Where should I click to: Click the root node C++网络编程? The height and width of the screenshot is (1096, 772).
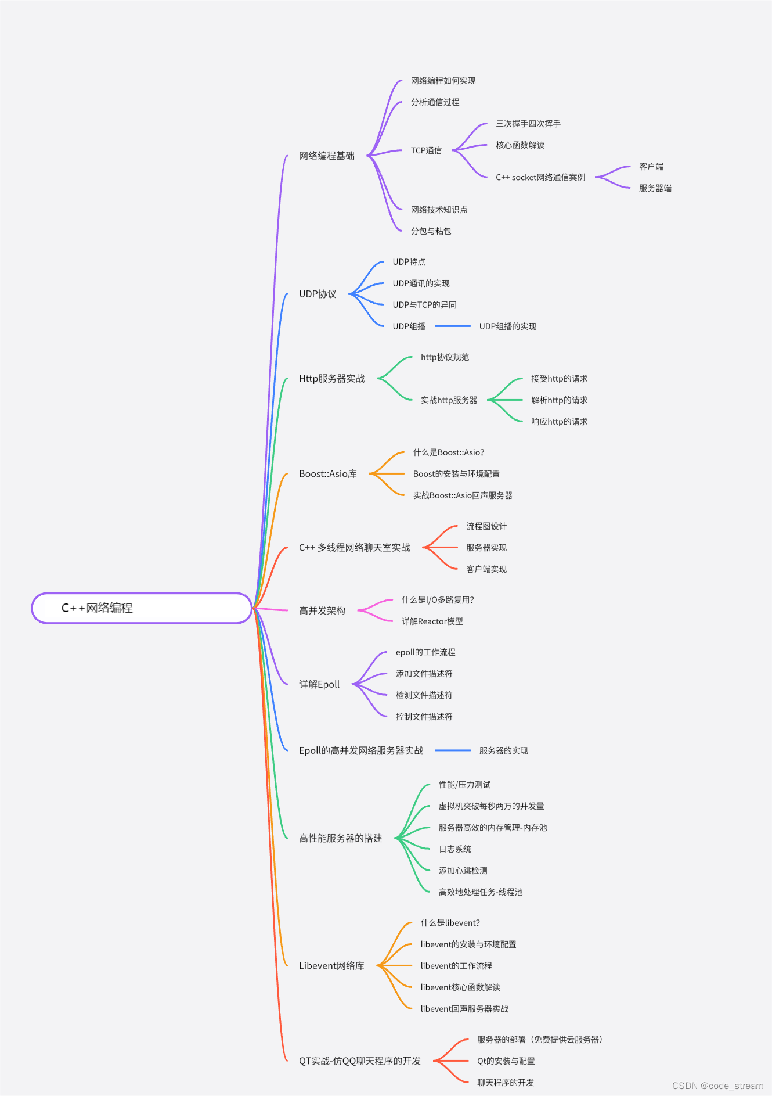[142, 608]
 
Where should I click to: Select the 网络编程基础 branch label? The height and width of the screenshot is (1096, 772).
[326, 156]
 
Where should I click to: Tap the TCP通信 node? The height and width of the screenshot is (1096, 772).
[426, 150]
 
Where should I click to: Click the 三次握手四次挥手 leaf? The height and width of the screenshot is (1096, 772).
[528, 124]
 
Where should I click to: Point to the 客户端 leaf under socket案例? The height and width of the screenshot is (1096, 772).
[651, 167]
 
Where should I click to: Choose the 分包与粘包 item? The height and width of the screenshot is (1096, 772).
[431, 231]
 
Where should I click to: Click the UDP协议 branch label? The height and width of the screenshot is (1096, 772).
[318, 294]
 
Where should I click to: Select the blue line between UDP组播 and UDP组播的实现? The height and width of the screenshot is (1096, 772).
[453, 326]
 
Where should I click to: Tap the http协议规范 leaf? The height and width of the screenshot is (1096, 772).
[445, 357]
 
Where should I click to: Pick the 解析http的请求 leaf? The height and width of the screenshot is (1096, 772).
[559, 400]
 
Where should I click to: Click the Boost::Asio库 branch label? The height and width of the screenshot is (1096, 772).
[327, 474]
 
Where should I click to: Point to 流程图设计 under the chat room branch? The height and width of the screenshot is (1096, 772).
[486, 526]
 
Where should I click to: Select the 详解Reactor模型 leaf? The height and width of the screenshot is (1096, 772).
[432, 621]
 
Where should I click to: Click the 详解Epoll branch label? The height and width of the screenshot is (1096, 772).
[319, 684]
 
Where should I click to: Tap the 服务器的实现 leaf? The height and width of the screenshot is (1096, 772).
[503, 750]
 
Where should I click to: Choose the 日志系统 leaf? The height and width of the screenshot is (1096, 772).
[454, 849]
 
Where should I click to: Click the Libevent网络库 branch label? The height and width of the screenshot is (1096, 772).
[331, 966]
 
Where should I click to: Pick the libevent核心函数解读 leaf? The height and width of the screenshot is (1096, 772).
[460, 987]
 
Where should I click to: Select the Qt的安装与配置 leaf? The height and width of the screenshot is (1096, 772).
[506, 1061]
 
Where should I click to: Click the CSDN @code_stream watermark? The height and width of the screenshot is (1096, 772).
[717, 1086]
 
